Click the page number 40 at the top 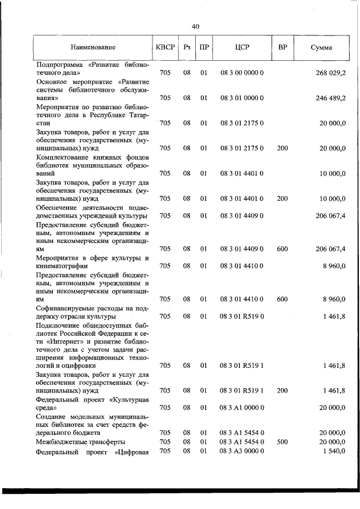click(x=195, y=26)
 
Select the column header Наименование click(x=93, y=48)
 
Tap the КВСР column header click(x=165, y=48)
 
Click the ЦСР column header click(x=242, y=48)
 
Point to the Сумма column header click(x=321, y=48)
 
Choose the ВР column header click(x=282, y=48)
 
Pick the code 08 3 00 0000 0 click(x=242, y=73)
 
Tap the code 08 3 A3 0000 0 click(x=242, y=452)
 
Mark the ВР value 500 click(x=282, y=442)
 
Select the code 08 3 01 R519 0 click(x=242, y=316)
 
